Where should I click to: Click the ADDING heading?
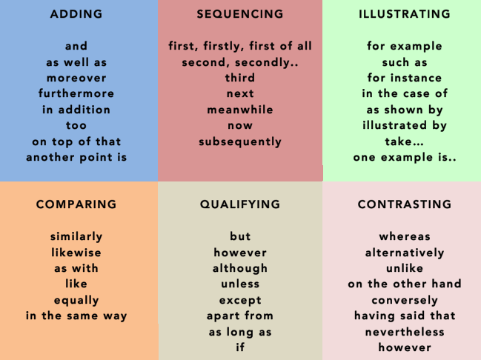point(76,14)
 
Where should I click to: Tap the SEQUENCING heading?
point(240,14)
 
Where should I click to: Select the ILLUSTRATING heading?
point(404,14)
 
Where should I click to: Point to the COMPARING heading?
point(76,204)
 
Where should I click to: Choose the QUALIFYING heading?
point(240,204)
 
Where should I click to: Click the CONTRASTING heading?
point(404,204)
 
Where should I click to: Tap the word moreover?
point(76,78)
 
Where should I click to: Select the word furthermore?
point(76,93)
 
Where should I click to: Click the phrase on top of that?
point(76,141)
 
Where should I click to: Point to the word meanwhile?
point(240,110)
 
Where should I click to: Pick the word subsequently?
point(240,141)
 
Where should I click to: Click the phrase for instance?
point(404,78)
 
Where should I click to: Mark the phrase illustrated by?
point(404,125)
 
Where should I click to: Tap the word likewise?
point(76,253)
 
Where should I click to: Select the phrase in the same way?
point(76,316)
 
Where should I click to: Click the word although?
point(240,268)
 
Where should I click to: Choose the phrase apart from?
point(240,316)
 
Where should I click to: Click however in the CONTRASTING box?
point(404,347)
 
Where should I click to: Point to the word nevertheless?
point(404,332)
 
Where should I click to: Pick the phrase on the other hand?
point(404,284)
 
